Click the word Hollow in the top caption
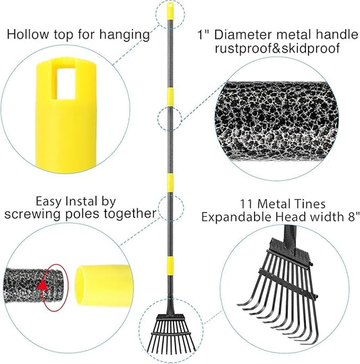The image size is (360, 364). [27, 33]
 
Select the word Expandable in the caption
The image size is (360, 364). [234, 216]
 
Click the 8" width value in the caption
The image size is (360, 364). [351, 216]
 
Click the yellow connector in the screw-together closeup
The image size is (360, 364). [101, 283]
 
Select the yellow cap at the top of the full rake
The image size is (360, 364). [170, 11]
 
